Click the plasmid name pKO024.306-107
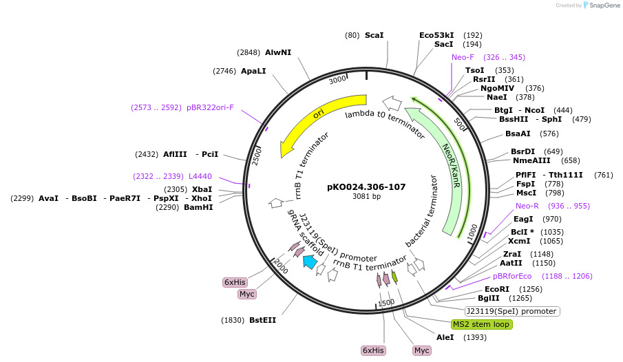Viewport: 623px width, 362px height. point(366,187)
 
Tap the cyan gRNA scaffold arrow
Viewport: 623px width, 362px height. point(310,261)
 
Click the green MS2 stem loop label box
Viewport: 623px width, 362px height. point(481,324)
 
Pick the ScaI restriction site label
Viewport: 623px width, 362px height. point(374,35)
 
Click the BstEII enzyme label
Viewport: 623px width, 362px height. point(262,320)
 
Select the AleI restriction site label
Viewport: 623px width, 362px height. point(445,337)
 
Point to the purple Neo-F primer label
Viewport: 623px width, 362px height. point(463,57)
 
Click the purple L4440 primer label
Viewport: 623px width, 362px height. point(200,176)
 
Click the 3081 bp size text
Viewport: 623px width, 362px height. point(366,197)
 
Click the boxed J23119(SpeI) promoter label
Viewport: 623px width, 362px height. point(513,311)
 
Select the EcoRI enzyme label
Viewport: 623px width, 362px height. point(497,289)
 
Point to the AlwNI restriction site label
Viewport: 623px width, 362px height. point(278,52)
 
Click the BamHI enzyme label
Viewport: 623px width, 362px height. point(198,207)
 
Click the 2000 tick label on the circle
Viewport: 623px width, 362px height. point(281,267)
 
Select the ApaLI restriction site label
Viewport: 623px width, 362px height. point(253,71)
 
